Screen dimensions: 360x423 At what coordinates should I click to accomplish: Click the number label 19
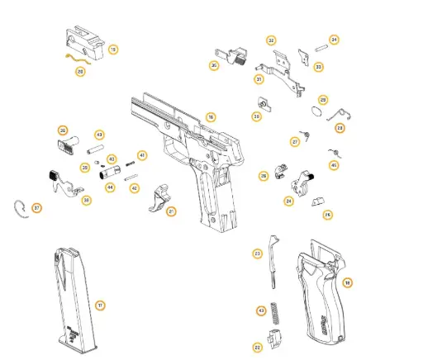[113, 50]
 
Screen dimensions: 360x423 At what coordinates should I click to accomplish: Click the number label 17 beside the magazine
[100, 306]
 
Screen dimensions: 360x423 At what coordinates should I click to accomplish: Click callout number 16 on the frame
[211, 118]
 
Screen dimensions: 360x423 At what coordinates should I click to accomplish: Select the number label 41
[141, 155]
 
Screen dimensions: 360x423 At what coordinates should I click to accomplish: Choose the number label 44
[110, 187]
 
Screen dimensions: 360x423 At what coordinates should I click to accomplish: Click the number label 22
[258, 348]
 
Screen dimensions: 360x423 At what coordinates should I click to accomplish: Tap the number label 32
[271, 40]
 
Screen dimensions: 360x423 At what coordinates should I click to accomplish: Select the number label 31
[259, 80]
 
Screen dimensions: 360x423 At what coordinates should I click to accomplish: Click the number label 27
[294, 142]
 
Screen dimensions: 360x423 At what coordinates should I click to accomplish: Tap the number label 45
[333, 165]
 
